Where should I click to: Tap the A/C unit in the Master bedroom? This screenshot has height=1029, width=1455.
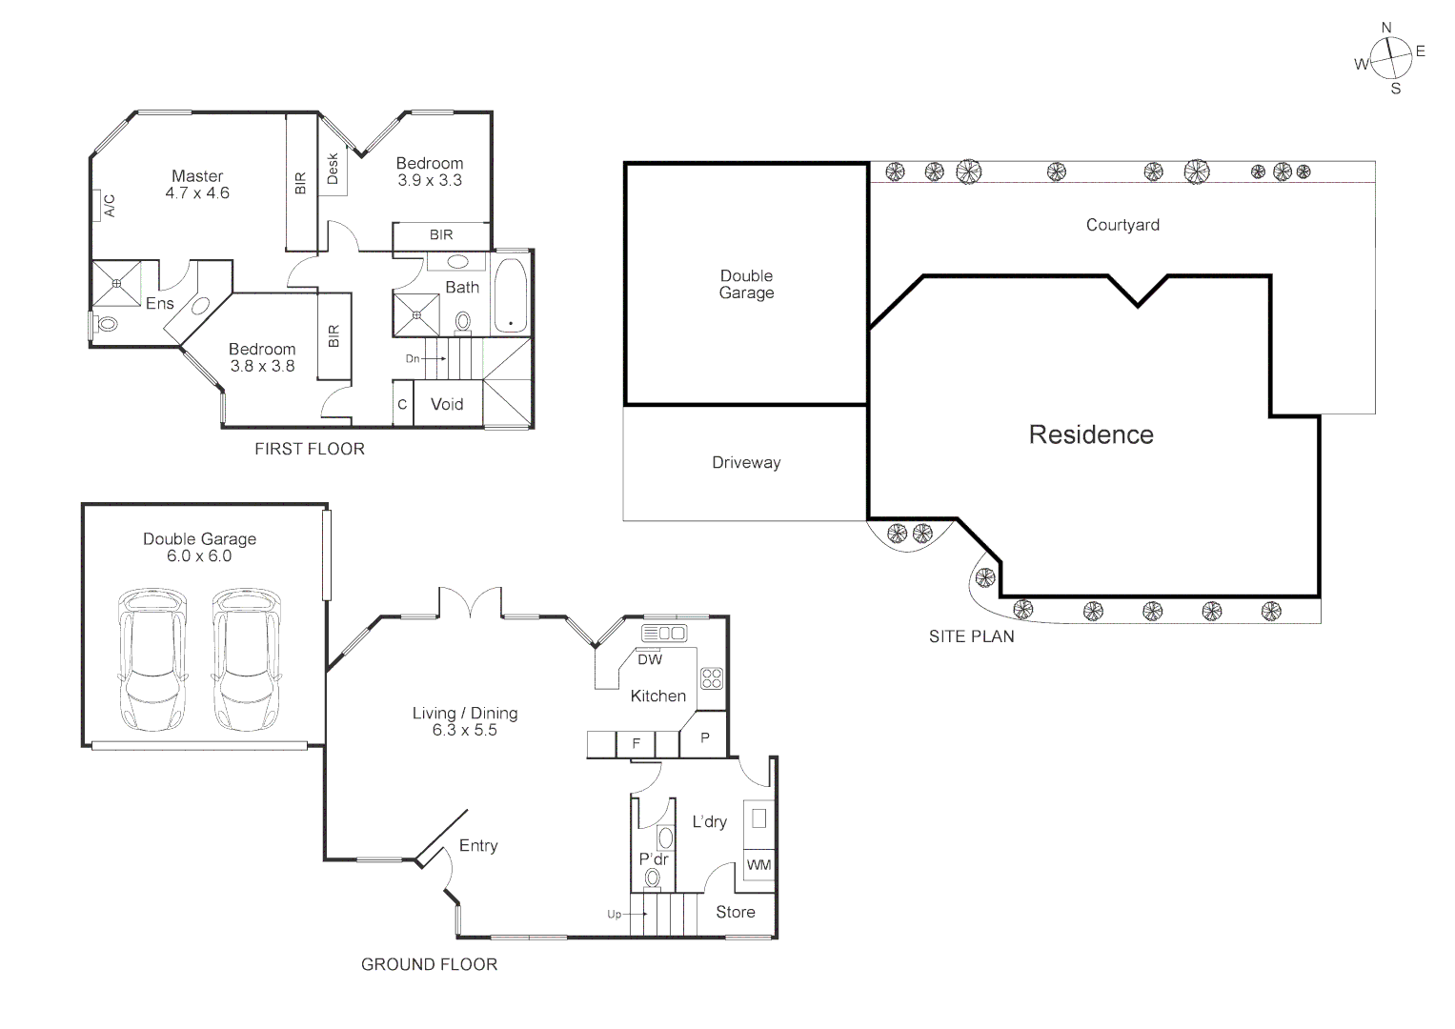[x=98, y=206]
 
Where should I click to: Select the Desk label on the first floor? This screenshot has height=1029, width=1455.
[x=333, y=170]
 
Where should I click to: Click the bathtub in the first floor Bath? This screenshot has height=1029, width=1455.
[x=512, y=294]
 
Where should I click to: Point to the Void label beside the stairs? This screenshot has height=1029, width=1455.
[x=447, y=404]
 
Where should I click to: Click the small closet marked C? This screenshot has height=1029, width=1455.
[x=402, y=404]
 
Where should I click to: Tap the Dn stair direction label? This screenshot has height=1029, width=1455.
[x=413, y=358]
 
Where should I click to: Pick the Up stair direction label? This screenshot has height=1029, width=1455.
[x=615, y=915]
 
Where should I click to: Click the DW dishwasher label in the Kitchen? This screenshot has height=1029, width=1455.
[x=650, y=659]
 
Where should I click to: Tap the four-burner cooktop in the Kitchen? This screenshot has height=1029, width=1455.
[x=712, y=678]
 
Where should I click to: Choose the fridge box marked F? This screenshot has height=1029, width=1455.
[x=637, y=743]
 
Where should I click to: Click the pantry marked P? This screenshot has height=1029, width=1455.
[x=705, y=738]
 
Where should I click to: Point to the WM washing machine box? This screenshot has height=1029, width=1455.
[x=758, y=865]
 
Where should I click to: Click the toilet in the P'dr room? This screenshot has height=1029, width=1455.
[x=653, y=877]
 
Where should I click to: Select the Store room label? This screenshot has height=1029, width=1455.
[x=736, y=912]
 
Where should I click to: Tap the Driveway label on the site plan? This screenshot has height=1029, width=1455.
[x=746, y=463]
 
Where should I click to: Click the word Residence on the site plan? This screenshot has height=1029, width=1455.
[x=1091, y=434]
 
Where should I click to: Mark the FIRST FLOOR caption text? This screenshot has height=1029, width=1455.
[x=310, y=449]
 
